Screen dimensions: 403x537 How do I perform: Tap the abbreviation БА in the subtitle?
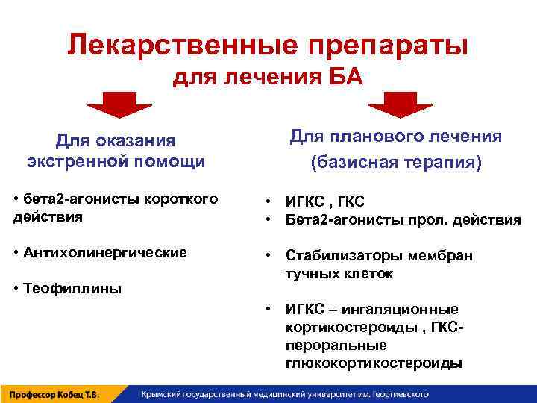click(345, 77)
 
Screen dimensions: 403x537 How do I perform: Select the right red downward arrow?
click(395, 105)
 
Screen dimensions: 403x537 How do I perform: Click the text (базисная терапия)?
click(395, 162)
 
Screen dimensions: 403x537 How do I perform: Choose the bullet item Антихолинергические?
click(101, 252)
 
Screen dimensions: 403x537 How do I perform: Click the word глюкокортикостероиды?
click(373, 363)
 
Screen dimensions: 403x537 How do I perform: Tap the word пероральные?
click(336, 346)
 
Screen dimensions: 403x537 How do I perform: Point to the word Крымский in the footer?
click(161, 393)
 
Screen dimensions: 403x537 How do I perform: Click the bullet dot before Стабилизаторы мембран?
click(268, 256)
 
